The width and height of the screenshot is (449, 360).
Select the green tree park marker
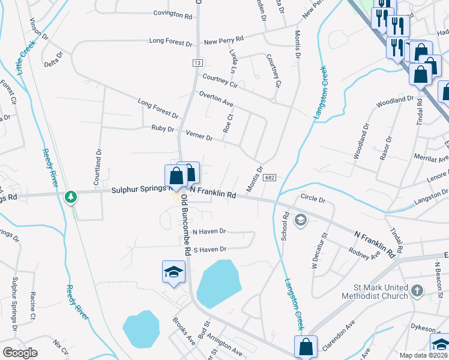click(71, 196)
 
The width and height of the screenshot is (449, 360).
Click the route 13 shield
click(197, 63)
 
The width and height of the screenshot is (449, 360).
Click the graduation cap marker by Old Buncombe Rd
click(173, 272)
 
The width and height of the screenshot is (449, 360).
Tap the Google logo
click(20, 353)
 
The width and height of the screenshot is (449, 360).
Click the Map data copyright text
click(424, 355)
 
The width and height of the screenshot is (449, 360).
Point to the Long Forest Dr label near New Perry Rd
click(171, 44)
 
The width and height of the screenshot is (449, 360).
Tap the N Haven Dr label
click(209, 231)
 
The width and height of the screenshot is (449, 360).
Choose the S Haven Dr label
click(209, 249)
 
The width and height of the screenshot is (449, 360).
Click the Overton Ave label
click(216, 99)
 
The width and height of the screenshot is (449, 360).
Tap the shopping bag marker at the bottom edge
click(306, 347)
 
